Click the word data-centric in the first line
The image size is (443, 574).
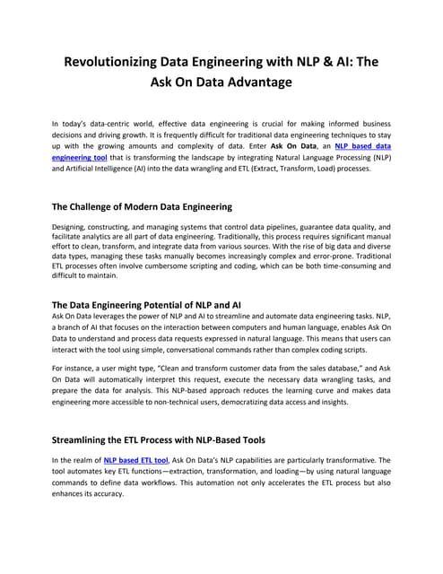(111, 120)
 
